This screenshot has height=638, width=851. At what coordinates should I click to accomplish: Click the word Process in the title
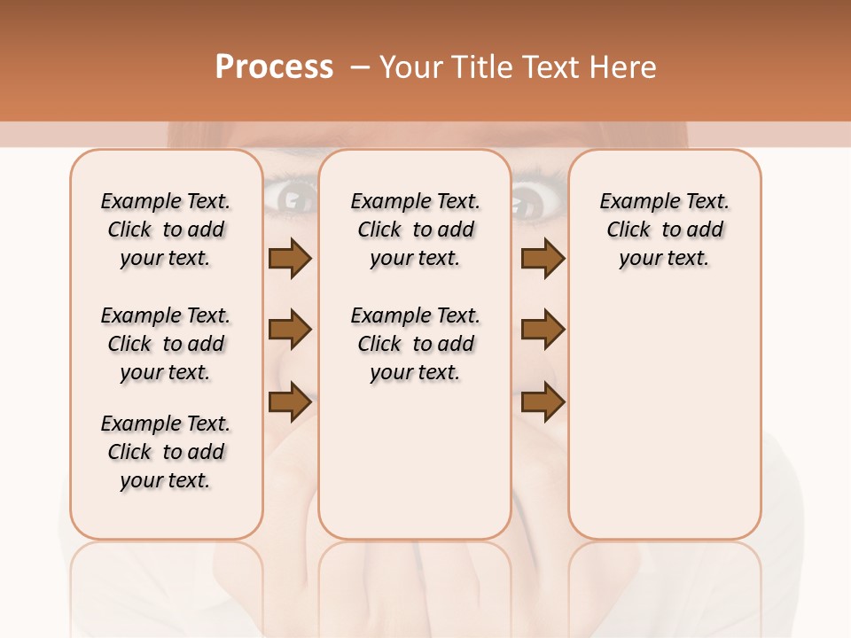pyautogui.click(x=274, y=67)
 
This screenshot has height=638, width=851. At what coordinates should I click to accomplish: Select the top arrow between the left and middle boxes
pyautogui.click(x=290, y=259)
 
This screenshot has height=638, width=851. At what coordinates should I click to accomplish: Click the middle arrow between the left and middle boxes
pyautogui.click(x=290, y=330)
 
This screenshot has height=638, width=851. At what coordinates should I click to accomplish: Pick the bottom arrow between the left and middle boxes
pyautogui.click(x=290, y=401)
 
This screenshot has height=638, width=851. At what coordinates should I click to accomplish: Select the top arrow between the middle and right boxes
pyautogui.click(x=543, y=259)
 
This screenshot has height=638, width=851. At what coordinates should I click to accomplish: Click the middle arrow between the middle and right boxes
pyautogui.click(x=543, y=330)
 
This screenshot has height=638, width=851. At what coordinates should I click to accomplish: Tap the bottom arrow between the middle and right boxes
pyautogui.click(x=543, y=401)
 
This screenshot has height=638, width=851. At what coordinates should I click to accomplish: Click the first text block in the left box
pyautogui.click(x=166, y=230)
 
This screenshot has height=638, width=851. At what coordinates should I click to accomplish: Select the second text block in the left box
pyautogui.click(x=166, y=344)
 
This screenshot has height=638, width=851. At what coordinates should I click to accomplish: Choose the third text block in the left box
pyautogui.click(x=166, y=452)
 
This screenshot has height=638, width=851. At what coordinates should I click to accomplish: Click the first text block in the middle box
pyautogui.click(x=415, y=230)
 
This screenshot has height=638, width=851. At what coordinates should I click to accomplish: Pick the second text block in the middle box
pyautogui.click(x=415, y=344)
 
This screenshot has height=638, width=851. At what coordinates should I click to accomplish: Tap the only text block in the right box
pyautogui.click(x=664, y=230)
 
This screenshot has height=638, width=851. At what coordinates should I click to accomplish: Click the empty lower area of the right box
pyautogui.click(x=664, y=416)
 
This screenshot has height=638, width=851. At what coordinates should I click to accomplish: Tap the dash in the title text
pyautogui.click(x=360, y=67)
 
